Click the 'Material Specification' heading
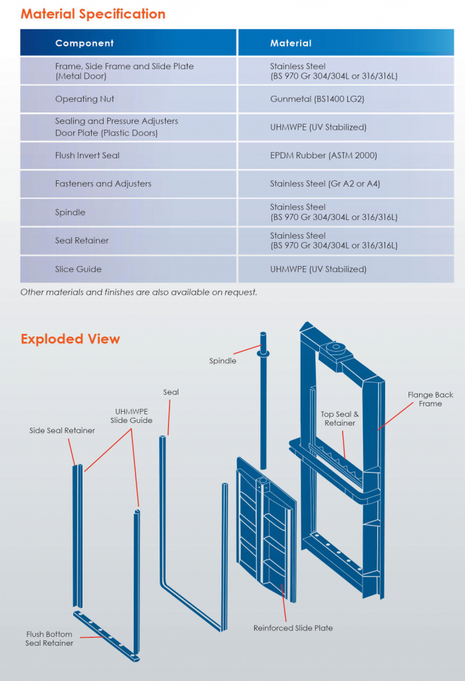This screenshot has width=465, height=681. (93, 14)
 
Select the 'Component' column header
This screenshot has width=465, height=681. (84, 43)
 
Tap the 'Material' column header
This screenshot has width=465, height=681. (291, 43)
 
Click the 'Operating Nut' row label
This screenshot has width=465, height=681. (84, 99)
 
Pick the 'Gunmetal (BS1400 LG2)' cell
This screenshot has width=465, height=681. (317, 99)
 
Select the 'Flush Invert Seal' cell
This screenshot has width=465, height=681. (87, 156)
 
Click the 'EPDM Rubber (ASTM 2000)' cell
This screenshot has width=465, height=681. (323, 156)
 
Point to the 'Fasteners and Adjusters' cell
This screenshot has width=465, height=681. (103, 184)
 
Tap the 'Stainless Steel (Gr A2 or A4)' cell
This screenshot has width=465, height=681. (325, 184)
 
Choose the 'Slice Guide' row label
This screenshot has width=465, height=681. (78, 269)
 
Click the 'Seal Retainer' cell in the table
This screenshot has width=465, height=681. (82, 241)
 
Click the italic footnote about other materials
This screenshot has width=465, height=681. (138, 293)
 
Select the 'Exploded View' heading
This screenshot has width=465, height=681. (71, 339)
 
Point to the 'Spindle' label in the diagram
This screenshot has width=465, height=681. (222, 361)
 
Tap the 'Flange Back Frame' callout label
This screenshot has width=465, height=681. (430, 399)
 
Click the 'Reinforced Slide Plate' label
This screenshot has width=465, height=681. (293, 628)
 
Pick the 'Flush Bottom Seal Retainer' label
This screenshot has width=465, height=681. (49, 639)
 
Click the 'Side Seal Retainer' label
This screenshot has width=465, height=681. (62, 430)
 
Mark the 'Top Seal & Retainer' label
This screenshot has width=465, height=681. (340, 419)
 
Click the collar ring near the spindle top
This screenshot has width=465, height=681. (263, 354)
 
